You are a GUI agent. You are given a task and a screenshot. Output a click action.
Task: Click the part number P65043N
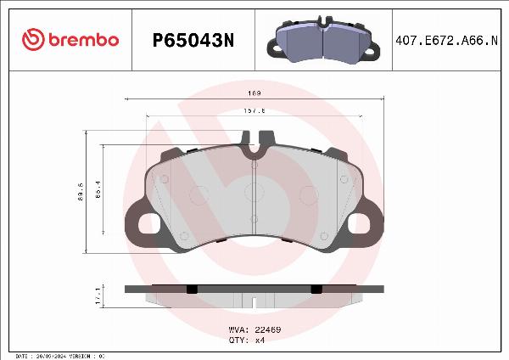[191, 40]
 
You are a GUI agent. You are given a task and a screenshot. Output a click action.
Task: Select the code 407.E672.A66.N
[447, 40]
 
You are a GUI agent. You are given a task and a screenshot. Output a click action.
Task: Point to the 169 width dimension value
[254, 93]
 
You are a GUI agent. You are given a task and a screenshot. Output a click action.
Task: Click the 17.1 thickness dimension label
[98, 295]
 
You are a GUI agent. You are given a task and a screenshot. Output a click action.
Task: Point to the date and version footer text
[59, 355]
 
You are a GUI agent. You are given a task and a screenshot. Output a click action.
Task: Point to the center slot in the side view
[255, 300]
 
